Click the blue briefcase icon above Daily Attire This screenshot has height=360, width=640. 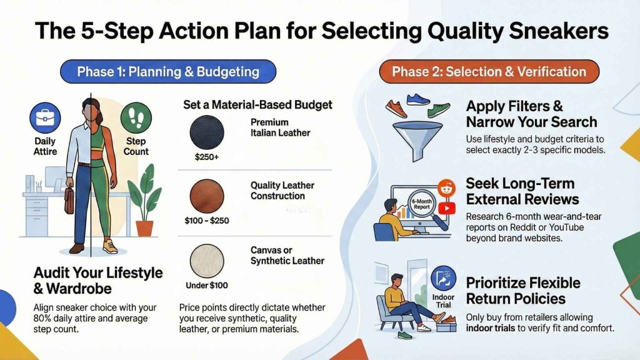point(45,118)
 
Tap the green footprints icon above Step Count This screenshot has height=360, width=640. point(136,118)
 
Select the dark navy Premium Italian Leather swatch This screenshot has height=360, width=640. point(207,132)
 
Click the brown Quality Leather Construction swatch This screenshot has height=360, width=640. point(207,196)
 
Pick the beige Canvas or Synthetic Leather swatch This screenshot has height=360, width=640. point(207,261)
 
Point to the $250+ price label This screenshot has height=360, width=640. point(206,157)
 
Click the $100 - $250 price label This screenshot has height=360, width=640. point(206,221)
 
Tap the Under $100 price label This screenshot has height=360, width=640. point(206,285)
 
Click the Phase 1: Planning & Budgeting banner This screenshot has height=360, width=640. point(168,72)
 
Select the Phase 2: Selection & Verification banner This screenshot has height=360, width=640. point(489,72)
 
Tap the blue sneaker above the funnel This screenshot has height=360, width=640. point(418,99)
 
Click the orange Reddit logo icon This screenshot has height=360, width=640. point(446,188)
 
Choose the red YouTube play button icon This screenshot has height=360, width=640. point(446,209)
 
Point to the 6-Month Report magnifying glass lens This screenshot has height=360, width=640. point(422,204)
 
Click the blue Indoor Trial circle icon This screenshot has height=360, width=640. point(443,278)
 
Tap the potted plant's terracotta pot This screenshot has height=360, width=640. point(144,228)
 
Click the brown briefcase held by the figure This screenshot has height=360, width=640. point(69,199)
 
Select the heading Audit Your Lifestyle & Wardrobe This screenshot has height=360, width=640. point(98,281)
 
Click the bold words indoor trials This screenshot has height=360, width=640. point(490,328)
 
